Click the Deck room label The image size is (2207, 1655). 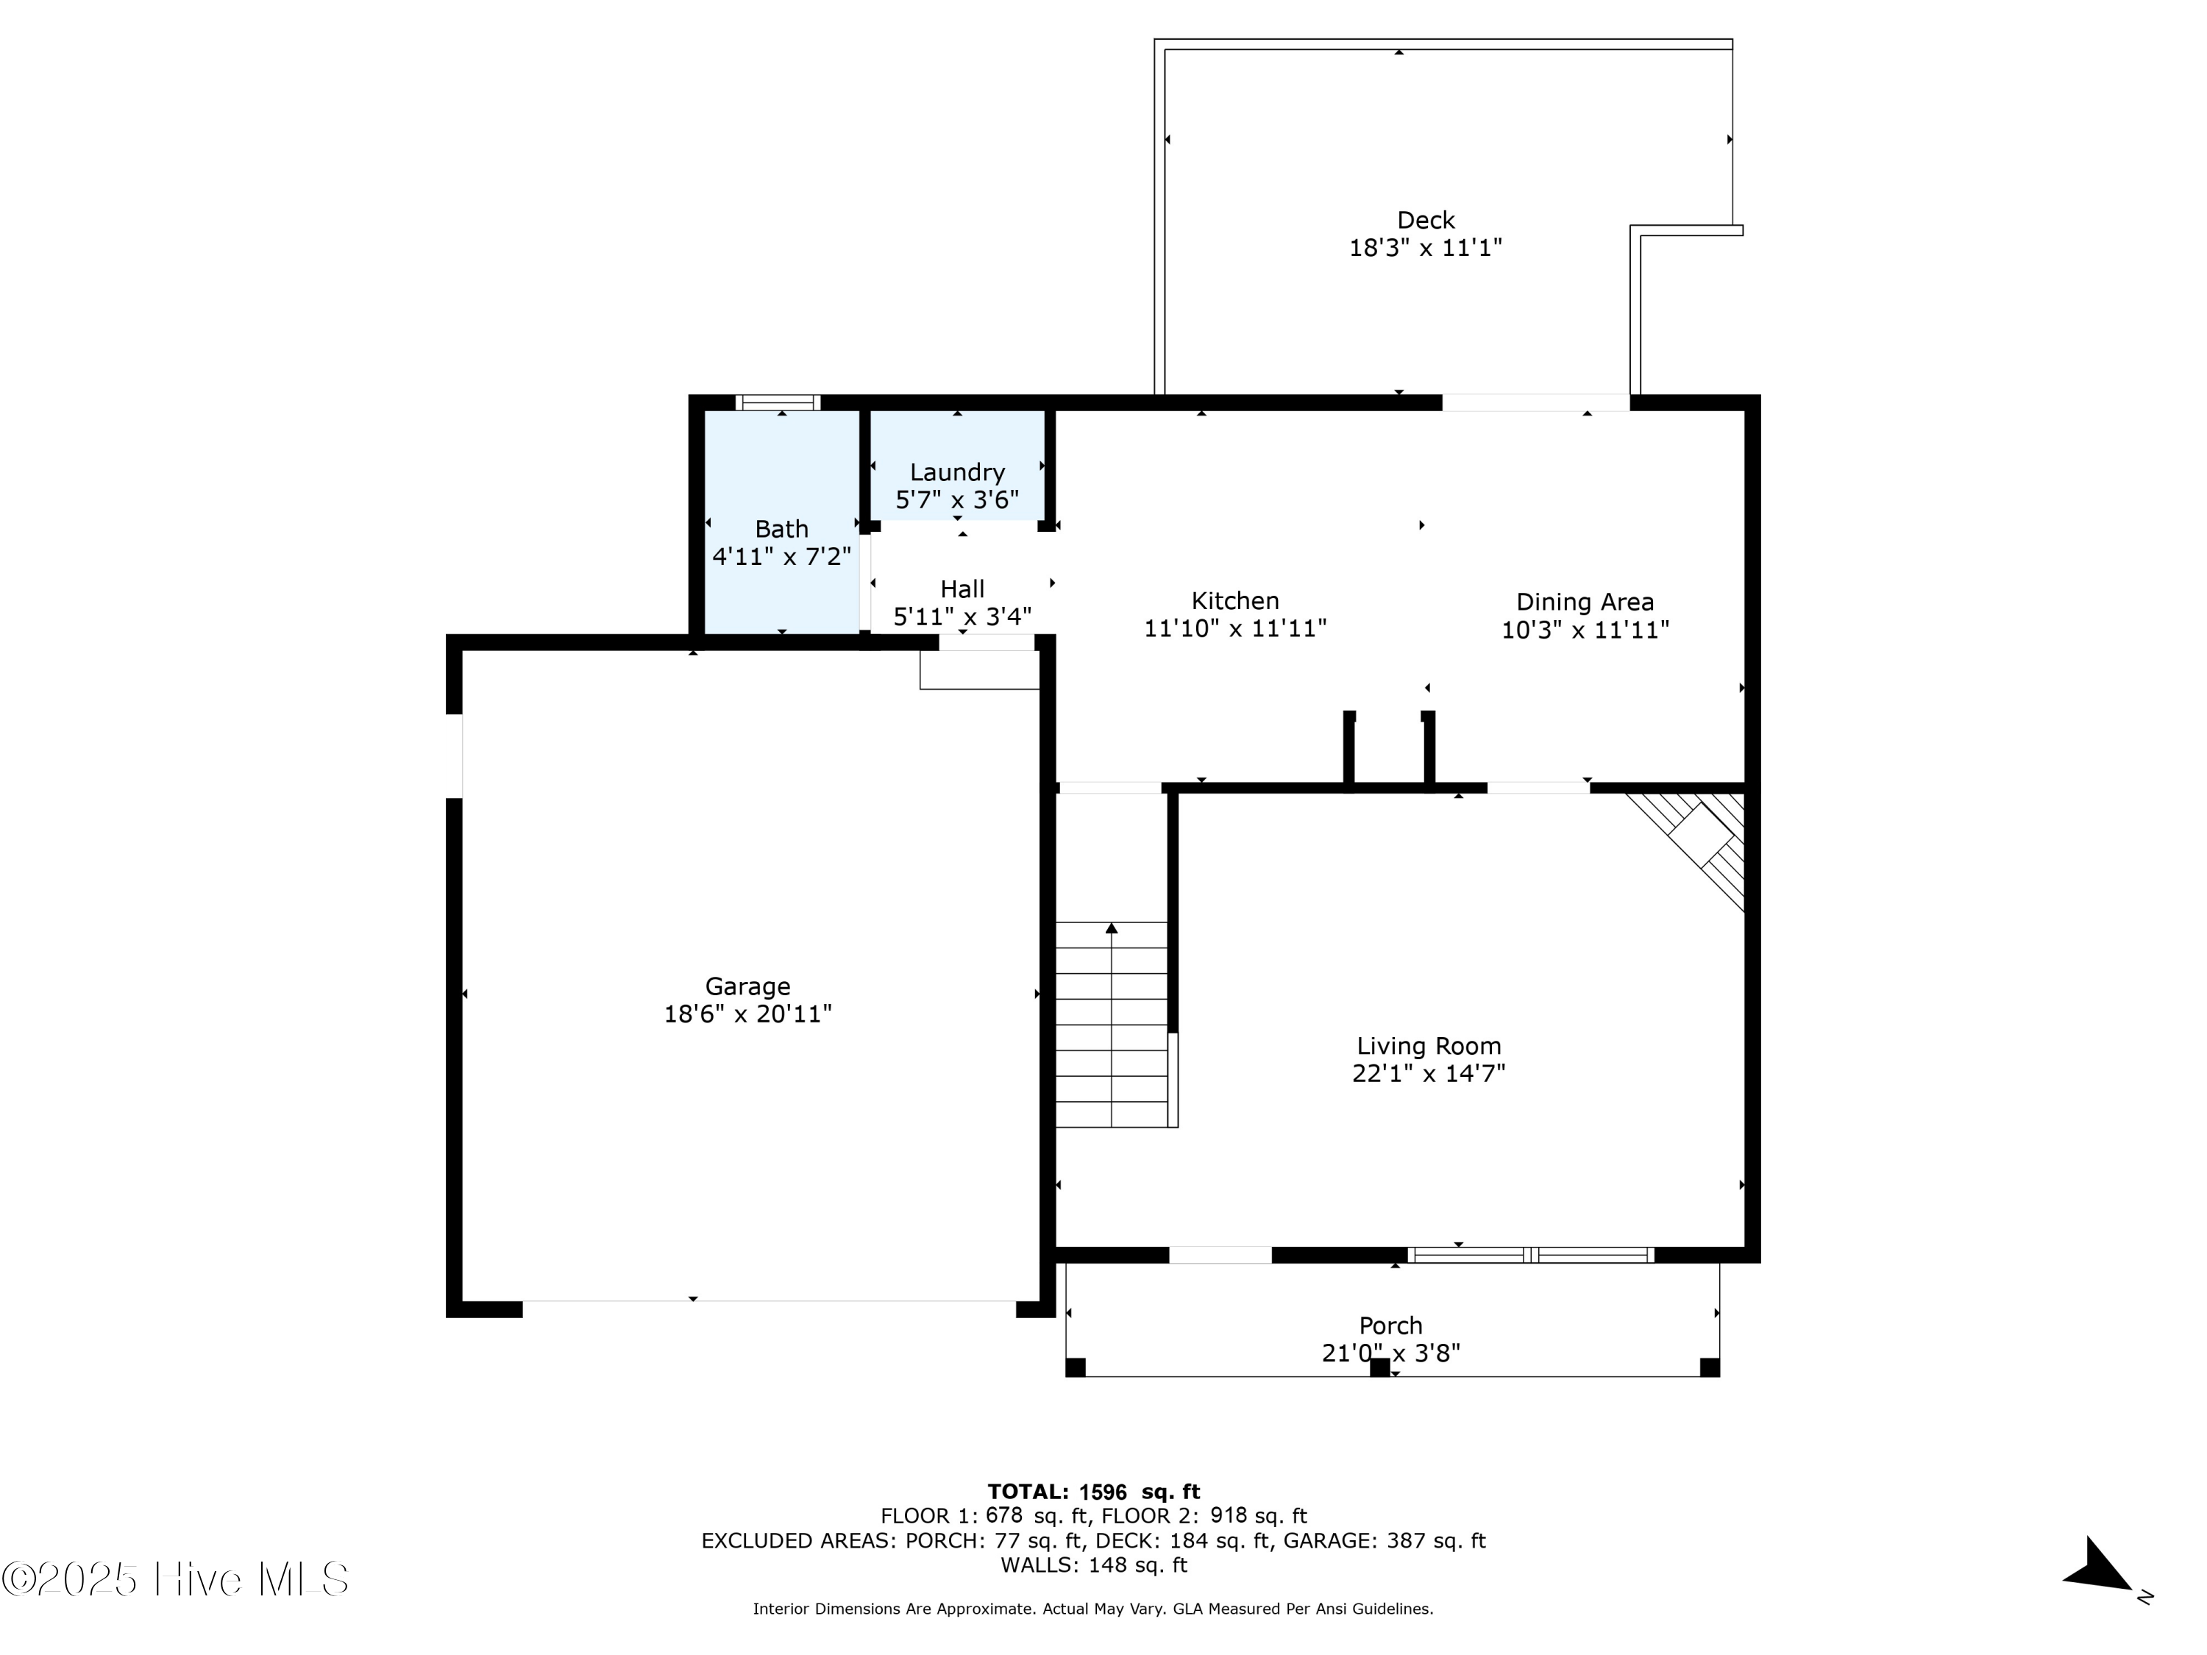(x=1425, y=221)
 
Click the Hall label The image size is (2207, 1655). (x=962, y=590)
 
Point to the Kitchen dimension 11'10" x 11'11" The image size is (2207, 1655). (x=1234, y=628)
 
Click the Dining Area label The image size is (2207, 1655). (x=1585, y=602)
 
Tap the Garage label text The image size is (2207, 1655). (x=747, y=986)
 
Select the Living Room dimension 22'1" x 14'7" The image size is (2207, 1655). (x=1428, y=1073)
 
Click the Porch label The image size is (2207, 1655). (x=1390, y=1325)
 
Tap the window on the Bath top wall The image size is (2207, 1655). (x=778, y=403)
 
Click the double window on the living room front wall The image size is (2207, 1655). (x=1530, y=1255)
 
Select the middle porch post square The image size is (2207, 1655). (x=1379, y=1367)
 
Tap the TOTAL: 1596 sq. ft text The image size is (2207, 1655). (x=1093, y=1492)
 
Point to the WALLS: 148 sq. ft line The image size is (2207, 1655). (x=1093, y=1565)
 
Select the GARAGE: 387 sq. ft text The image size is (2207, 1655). (x=1384, y=1541)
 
